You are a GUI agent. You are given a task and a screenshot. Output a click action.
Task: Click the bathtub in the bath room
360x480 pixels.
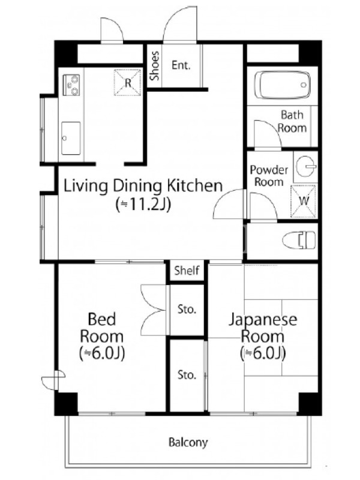[282, 85]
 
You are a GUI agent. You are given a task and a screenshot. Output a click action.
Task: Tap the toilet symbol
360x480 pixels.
[299, 240]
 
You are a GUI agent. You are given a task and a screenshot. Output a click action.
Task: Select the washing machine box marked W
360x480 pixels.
[303, 201]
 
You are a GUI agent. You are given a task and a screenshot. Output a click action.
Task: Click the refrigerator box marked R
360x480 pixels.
[127, 82]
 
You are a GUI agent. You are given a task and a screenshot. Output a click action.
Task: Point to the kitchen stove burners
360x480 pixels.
[72, 85]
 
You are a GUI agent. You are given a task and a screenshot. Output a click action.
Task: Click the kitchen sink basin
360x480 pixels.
[71, 138]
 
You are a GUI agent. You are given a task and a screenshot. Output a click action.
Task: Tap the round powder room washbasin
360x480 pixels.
[306, 167]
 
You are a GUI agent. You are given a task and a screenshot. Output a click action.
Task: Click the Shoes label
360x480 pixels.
[155, 66]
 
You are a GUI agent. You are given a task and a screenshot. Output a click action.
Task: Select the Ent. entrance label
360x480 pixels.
[181, 65]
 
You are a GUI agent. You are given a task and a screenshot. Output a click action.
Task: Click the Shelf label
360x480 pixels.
[187, 271]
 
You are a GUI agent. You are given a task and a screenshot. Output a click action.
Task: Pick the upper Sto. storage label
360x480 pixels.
[187, 309]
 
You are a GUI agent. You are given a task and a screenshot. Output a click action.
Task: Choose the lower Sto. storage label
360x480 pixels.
[187, 374]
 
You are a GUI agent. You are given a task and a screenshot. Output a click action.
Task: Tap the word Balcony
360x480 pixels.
[188, 442]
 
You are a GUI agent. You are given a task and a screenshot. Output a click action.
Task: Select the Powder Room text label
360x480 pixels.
[269, 176]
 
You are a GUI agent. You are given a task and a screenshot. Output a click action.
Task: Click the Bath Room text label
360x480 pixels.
[292, 121]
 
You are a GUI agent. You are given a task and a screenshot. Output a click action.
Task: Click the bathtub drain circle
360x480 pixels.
[304, 85]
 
